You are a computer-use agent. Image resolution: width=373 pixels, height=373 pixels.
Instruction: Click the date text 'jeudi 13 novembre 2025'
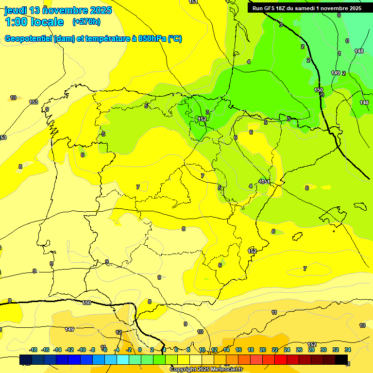[58, 10]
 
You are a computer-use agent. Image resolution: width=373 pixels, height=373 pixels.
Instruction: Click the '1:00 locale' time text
[34, 22]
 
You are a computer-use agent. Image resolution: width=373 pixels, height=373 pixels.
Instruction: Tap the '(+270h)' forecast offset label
[86, 22]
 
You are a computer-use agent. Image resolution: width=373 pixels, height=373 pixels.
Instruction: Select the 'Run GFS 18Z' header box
[306, 8]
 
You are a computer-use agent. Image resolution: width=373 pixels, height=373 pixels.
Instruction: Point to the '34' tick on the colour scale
[348, 350]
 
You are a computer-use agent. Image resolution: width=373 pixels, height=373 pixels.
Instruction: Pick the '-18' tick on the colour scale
[34, 350]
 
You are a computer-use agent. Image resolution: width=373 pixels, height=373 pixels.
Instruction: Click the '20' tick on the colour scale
[263, 350]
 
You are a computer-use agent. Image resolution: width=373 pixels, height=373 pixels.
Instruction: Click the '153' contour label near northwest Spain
[34, 102]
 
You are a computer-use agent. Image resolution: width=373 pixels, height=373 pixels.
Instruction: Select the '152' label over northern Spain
[202, 119]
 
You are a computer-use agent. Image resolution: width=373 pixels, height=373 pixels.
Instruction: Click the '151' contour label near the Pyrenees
[265, 181]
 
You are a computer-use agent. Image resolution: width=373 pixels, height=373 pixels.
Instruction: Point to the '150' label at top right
[319, 90]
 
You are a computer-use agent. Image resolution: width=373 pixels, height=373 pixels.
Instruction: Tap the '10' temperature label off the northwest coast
[13, 98]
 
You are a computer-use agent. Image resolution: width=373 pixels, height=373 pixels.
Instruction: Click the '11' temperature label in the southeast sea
[274, 312]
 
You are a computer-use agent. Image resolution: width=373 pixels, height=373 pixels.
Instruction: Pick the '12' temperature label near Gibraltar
[119, 332]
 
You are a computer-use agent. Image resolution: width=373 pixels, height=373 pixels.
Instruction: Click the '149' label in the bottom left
[69, 329]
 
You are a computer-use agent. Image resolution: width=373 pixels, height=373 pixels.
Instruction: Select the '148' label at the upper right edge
[359, 51]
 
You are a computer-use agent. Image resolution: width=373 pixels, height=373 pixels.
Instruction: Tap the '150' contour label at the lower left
[86, 303]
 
